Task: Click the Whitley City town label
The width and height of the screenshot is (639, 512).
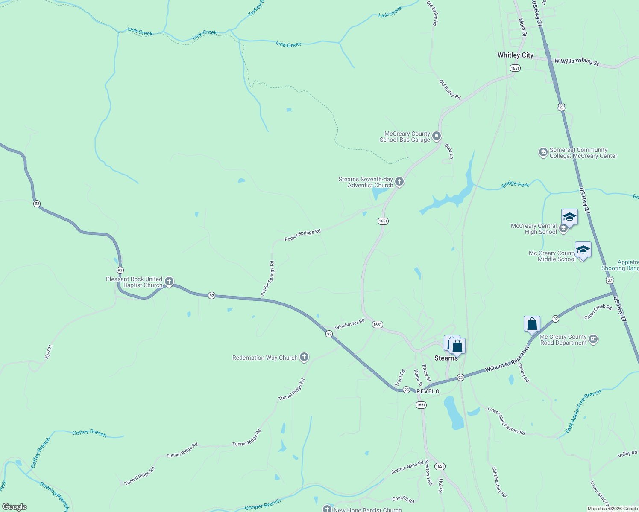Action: (x=515, y=55)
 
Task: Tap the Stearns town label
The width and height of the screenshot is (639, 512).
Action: (x=446, y=358)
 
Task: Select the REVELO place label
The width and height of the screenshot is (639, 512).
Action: (x=428, y=391)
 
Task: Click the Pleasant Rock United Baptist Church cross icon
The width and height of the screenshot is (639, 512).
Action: (x=169, y=282)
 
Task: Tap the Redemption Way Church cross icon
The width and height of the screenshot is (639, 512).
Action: (x=304, y=357)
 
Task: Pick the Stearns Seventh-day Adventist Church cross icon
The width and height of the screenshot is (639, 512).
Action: (x=399, y=182)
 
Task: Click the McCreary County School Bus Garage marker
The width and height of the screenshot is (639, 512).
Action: (x=436, y=136)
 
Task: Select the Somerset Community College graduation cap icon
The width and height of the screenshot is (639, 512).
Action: (x=543, y=152)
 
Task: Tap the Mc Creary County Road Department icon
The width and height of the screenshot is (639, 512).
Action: (x=593, y=339)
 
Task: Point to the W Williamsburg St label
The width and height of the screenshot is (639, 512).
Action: (x=576, y=61)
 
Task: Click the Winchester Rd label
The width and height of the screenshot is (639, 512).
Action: (x=349, y=324)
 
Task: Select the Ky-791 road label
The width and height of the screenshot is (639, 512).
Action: (x=49, y=351)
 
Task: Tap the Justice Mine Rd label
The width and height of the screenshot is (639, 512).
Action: (x=407, y=467)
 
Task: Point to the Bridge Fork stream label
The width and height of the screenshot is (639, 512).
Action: (x=515, y=185)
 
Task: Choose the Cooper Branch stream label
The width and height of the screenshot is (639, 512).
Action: (x=263, y=504)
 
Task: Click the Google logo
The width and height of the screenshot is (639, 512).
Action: (x=15, y=506)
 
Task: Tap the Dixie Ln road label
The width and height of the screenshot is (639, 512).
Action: (x=448, y=151)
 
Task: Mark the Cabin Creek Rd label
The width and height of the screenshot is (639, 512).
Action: (x=598, y=312)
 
